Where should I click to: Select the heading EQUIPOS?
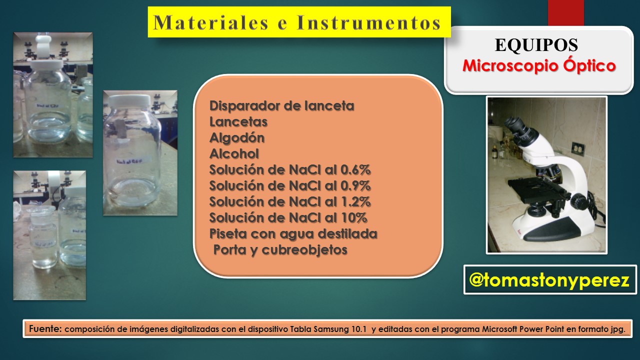pos(536,45)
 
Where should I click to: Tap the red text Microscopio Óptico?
pos(538,66)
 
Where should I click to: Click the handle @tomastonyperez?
pos(549,280)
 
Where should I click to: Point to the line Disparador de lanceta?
pos(281,106)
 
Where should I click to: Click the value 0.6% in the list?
pos(355,170)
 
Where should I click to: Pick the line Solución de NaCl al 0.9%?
pos(290,186)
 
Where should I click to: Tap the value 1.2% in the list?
pos(355,202)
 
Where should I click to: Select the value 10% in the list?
pos(354,218)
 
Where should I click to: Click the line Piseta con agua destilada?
pos(293,234)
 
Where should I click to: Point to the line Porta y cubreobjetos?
pos(280,250)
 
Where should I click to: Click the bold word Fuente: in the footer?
pos(45,329)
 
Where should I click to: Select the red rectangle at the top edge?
pos(565,12)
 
